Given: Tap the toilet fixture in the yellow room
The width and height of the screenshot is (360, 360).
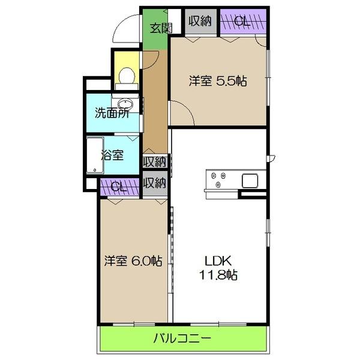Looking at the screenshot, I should pyautogui.click(x=127, y=76).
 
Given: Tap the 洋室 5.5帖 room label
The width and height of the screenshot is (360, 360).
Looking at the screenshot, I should pyautogui.click(x=219, y=81).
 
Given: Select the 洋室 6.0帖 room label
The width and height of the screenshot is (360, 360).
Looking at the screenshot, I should pyautogui.click(x=133, y=261).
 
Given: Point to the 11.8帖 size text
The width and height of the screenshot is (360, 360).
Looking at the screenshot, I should pyautogui.click(x=220, y=275).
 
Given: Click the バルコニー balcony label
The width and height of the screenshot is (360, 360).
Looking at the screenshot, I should pyautogui.click(x=182, y=338).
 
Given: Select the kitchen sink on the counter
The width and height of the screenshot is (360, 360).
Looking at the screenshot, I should pyautogui.click(x=249, y=179).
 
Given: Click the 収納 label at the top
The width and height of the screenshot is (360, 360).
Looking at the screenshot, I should pyautogui.click(x=200, y=21).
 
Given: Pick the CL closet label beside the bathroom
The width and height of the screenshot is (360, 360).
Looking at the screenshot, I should pyautogui.click(x=118, y=187).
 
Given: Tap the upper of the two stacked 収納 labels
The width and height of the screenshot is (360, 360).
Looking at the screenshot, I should pyautogui.click(x=155, y=162).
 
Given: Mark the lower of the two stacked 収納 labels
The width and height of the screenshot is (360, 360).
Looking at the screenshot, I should pyautogui.click(x=155, y=183).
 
